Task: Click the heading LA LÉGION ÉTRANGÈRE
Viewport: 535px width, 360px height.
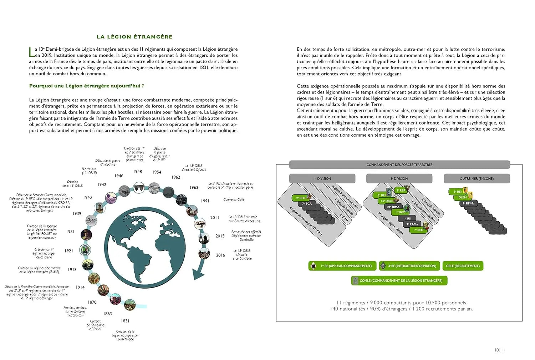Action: (x=134, y=37)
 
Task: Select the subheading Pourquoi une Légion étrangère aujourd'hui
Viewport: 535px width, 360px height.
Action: (x=87, y=86)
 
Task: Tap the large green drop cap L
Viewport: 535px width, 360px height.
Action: (x=31, y=52)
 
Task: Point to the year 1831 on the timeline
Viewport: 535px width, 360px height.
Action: (x=125, y=321)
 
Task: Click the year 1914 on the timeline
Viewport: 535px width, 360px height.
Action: (x=80, y=287)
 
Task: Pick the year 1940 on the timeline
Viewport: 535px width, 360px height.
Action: (x=88, y=197)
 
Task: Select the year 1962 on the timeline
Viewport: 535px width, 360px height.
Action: (x=176, y=177)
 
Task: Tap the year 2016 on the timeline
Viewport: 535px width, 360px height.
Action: (x=220, y=255)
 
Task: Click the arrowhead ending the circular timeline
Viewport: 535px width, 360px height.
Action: (x=198, y=274)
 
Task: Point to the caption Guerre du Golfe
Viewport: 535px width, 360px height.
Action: (x=234, y=199)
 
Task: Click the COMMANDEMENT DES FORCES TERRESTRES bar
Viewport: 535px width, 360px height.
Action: (x=399, y=165)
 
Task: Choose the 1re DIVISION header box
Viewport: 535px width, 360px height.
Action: (x=322, y=178)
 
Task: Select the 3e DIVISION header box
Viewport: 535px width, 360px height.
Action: (x=399, y=178)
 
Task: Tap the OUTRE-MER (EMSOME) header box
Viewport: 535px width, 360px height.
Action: (x=477, y=178)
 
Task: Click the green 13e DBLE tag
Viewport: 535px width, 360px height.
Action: (x=387, y=201)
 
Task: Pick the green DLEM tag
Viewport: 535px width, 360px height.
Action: (x=463, y=197)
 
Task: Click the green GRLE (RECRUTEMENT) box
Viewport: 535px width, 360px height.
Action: (x=463, y=266)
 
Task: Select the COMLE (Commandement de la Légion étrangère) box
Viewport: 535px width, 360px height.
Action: (x=399, y=280)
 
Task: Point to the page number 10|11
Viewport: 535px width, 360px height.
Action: (x=500, y=350)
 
